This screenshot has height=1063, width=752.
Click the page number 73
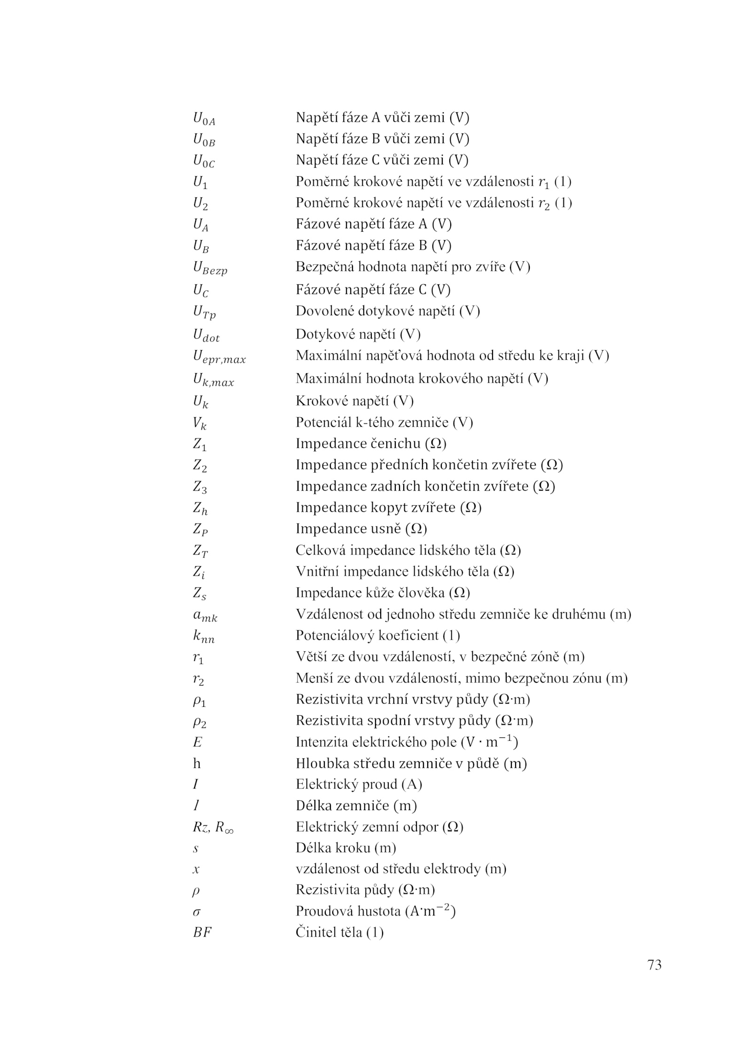(x=654, y=965)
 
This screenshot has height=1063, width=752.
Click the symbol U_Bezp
(x=210, y=268)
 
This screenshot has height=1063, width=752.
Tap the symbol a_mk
(x=205, y=616)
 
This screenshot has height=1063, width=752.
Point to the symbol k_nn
(x=204, y=637)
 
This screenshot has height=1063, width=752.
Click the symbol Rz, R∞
(x=213, y=827)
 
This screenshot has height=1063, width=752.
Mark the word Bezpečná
(x=325, y=267)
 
